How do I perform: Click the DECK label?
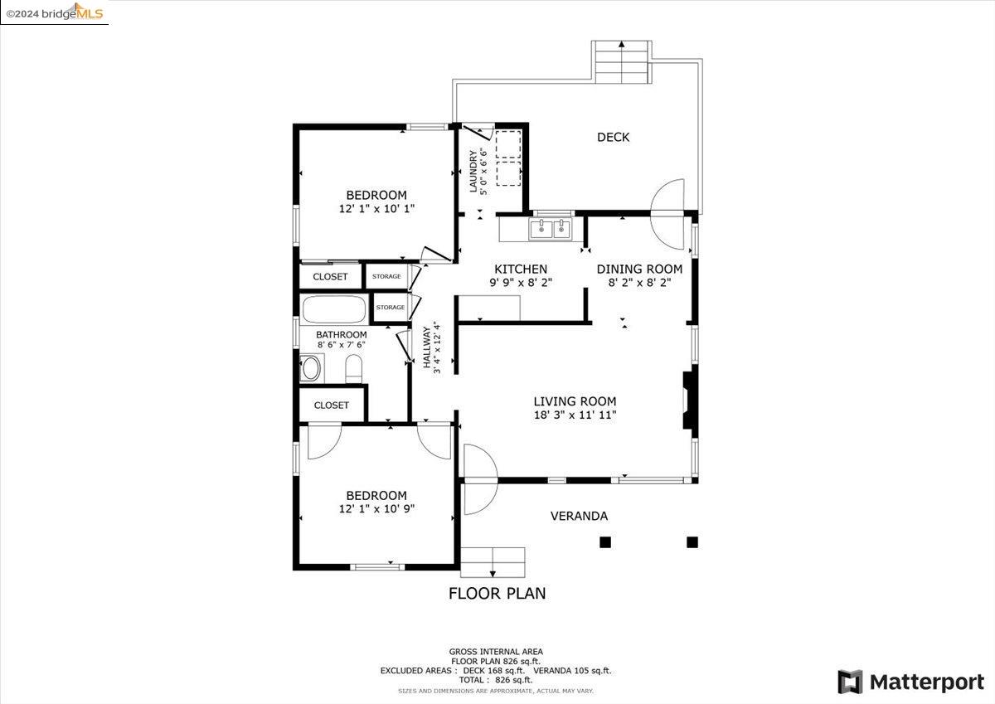click(613, 138)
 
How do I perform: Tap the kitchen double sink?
click(550, 229)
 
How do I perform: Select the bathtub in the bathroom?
click(334, 309)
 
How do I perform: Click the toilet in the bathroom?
click(353, 368)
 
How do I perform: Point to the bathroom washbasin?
click(312, 368)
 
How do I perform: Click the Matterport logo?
click(910, 682)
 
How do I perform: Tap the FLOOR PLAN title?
click(497, 594)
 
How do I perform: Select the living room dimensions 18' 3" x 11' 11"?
click(575, 415)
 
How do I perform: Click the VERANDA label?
click(579, 516)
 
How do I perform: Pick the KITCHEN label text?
click(521, 269)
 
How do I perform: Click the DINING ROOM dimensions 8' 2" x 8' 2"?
click(639, 283)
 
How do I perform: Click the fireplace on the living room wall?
click(690, 401)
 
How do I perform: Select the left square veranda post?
click(605, 541)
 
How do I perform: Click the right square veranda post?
click(692, 541)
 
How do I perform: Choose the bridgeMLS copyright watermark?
click(54, 12)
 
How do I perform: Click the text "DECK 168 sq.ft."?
click(494, 671)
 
